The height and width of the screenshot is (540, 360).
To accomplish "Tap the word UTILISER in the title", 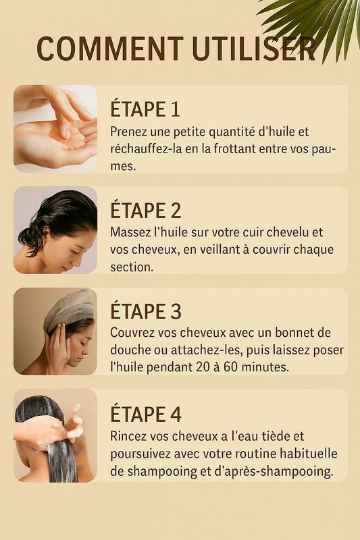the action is pyautogui.click(x=254, y=49).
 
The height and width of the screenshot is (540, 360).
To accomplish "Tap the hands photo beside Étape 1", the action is pyautogui.click(x=55, y=129).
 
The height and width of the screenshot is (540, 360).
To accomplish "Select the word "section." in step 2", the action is pyautogui.click(x=132, y=267).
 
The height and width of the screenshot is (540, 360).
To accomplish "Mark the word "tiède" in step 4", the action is pyautogui.click(x=271, y=436).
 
